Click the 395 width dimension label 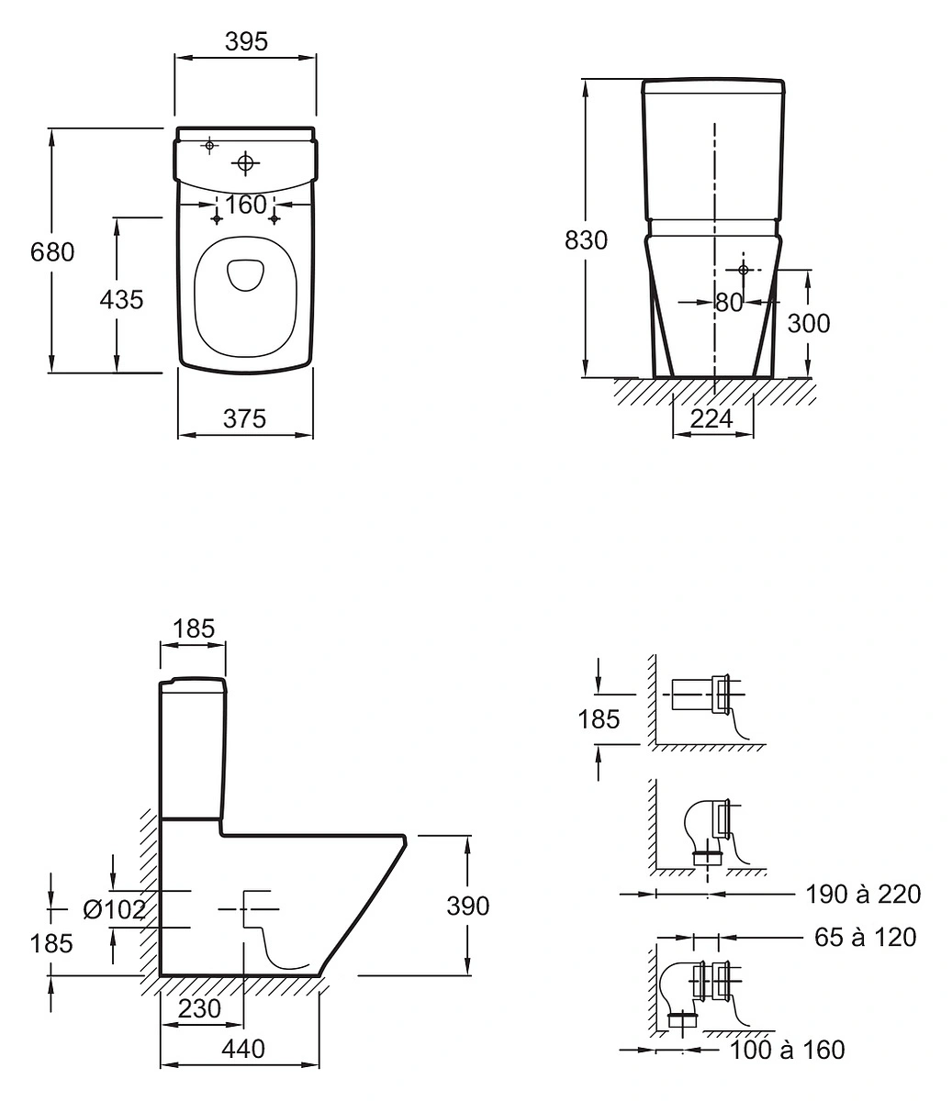246,41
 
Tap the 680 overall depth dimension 52,252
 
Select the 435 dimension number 121,300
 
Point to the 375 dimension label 244,418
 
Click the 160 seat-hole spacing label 246,205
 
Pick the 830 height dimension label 586,240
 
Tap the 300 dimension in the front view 809,323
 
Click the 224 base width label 711,418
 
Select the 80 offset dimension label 729,303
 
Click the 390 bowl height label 468,906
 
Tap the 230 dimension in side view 199,1008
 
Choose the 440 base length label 243,1049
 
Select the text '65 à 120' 865,937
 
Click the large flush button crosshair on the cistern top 245,163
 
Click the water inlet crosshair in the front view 743,270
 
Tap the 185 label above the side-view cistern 194,628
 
